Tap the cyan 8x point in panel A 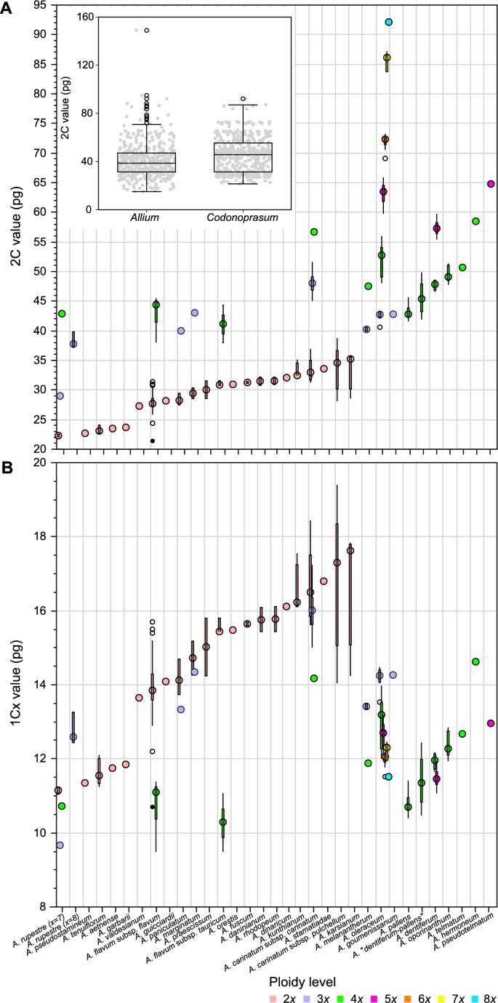[389, 23]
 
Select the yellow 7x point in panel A [387, 57]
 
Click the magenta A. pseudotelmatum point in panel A [491, 184]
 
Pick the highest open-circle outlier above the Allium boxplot [146, 31]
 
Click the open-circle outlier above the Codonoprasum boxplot [243, 99]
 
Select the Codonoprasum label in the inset [243, 217]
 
